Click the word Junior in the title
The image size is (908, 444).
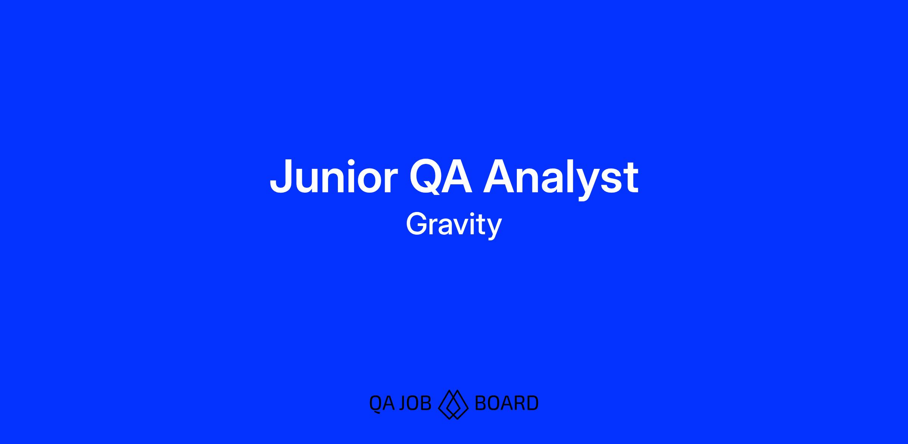333,177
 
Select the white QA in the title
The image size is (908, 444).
441,177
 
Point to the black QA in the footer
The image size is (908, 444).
382,403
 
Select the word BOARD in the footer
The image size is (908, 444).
507,403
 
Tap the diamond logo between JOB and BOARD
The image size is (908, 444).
453,404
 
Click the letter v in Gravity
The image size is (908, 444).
462,227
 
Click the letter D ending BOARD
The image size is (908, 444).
532,403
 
